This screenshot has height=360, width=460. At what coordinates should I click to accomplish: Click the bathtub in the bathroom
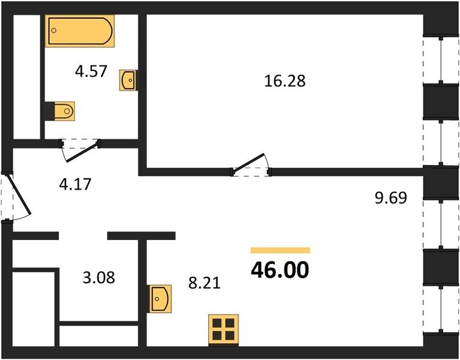point(79,31)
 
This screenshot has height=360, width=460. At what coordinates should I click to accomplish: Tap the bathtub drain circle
point(54,30)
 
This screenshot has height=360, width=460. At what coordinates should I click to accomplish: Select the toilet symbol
point(60,111)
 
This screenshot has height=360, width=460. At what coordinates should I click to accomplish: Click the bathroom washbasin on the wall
point(128,80)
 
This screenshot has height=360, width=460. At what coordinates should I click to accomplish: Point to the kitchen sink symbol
point(160,299)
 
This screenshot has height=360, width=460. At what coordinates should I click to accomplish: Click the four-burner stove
point(223,329)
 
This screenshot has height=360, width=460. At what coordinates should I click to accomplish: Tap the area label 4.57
point(91,71)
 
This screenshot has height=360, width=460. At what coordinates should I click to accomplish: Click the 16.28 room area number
point(285,81)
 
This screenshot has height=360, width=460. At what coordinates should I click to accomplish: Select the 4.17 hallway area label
point(75,184)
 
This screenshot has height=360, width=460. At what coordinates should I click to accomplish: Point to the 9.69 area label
point(391,197)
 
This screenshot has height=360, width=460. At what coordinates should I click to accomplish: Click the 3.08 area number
point(99,277)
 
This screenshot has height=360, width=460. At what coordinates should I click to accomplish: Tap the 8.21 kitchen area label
point(204,283)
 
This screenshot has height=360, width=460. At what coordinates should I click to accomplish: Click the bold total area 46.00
point(280,270)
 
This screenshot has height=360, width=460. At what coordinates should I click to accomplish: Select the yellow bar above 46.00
point(280,250)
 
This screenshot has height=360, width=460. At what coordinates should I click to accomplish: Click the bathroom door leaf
point(83,151)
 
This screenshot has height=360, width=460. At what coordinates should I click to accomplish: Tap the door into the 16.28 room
point(248,163)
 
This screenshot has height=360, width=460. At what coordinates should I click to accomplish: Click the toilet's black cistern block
point(50,111)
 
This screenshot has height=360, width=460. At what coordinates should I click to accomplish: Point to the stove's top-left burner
point(217,323)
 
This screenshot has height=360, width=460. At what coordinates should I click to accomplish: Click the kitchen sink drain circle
point(157,299)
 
